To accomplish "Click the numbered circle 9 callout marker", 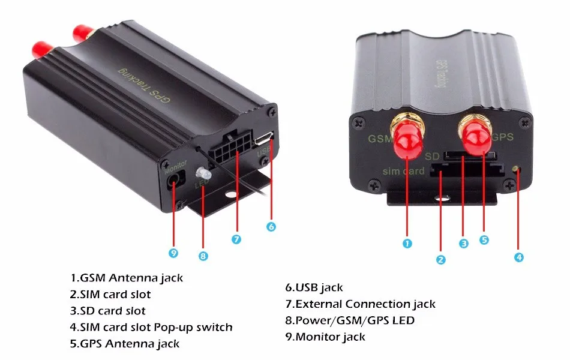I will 173,253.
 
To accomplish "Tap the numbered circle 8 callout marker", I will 203,256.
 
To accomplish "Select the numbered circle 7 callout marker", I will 236,239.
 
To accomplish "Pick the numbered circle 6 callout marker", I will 271,227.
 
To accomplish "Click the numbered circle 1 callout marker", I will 407,244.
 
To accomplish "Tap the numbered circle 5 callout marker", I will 484,240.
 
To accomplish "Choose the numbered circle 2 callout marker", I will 441,260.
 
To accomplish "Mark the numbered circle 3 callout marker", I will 463,244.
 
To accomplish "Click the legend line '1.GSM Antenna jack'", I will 126,278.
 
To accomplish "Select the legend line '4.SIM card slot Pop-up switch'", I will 151,328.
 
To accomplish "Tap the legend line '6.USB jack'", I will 314,288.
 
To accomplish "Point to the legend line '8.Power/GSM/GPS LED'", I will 350,320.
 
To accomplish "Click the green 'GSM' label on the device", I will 379,139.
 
